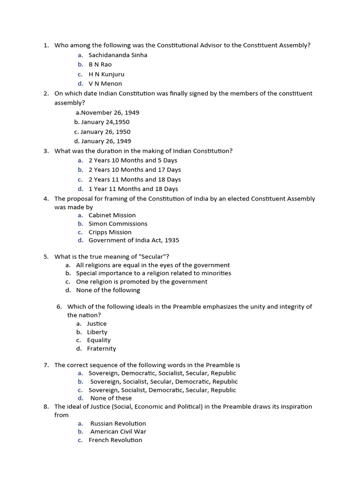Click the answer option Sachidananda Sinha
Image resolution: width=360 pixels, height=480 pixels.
(x=118, y=55)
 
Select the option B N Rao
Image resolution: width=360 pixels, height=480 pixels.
(x=100, y=64)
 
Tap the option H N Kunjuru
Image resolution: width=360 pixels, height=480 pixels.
(x=106, y=74)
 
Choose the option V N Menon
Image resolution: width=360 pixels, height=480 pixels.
(x=105, y=83)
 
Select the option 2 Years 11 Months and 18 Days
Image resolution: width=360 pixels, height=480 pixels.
(x=135, y=180)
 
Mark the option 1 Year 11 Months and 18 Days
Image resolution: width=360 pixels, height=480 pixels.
(x=133, y=189)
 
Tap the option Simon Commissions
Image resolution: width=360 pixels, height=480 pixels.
(x=118, y=224)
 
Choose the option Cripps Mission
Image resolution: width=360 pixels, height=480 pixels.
(x=110, y=232)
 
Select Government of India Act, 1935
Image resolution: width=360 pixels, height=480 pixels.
(x=134, y=240)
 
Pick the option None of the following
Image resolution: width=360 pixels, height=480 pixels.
(x=108, y=290)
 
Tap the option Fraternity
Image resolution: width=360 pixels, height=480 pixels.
(x=101, y=349)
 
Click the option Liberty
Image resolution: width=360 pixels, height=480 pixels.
(x=97, y=332)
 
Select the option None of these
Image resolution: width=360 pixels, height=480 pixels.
(x=111, y=398)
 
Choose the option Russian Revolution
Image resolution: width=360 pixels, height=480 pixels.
(x=118, y=423)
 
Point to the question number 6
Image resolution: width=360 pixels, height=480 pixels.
(x=59, y=307)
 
